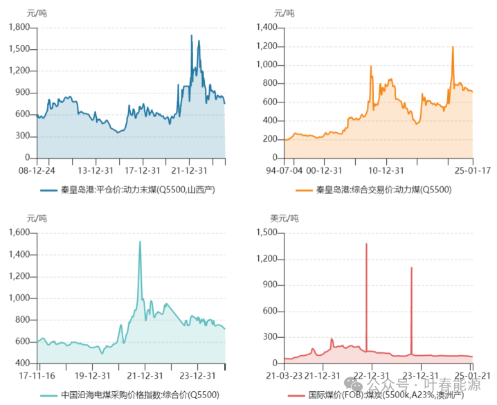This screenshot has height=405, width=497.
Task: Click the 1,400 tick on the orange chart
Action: click(x=266, y=27)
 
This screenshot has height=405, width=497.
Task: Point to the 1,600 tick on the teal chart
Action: click(x=19, y=233)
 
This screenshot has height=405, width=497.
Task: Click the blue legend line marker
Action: click(x=48, y=189)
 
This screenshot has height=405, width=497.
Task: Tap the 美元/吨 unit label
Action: click(x=284, y=219)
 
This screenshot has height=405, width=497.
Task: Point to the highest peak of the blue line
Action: click(x=191, y=35)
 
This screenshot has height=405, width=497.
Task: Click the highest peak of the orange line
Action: click(x=453, y=47)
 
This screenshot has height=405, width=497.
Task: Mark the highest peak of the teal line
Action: click(x=140, y=242)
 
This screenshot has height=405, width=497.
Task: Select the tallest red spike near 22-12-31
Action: click(x=366, y=244)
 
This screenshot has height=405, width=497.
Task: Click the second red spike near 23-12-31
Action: click(x=411, y=267)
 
